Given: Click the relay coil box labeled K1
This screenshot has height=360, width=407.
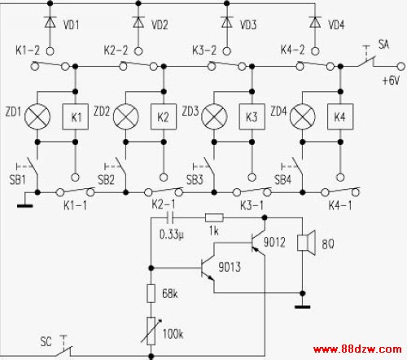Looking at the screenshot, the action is [76, 116].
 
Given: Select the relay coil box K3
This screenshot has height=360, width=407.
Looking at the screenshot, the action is [252, 116].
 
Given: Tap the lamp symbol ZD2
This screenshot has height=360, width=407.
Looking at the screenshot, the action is [125, 116].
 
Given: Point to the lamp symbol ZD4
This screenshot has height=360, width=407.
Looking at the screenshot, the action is [303, 116].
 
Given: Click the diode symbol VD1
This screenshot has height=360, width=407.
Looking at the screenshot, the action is [50, 22].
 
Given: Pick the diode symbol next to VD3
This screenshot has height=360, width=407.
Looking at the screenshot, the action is [227, 22].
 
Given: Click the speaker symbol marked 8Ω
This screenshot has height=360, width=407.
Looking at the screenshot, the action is [307, 243].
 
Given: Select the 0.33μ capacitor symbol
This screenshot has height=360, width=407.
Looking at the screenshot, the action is [170, 217].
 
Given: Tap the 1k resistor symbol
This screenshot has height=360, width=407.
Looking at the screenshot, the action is [214, 217].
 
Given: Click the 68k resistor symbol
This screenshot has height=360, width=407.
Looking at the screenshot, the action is [151, 293].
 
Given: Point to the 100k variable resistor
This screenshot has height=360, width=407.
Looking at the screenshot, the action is [151, 331].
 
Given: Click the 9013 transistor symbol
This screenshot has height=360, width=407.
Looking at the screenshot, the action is [208, 268].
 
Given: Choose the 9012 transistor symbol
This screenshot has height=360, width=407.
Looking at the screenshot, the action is [258, 243].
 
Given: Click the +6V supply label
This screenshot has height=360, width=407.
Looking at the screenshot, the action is [391, 81].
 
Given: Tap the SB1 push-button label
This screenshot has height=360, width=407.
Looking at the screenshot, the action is [17, 179].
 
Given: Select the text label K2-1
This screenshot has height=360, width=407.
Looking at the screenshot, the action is [164, 204].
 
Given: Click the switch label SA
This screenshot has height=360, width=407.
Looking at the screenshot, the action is [383, 44].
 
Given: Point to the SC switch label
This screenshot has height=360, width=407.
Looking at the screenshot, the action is [46, 341].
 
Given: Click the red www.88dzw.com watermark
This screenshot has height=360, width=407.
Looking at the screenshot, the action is [357, 349].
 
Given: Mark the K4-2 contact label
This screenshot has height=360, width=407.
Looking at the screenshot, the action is [292, 50].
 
